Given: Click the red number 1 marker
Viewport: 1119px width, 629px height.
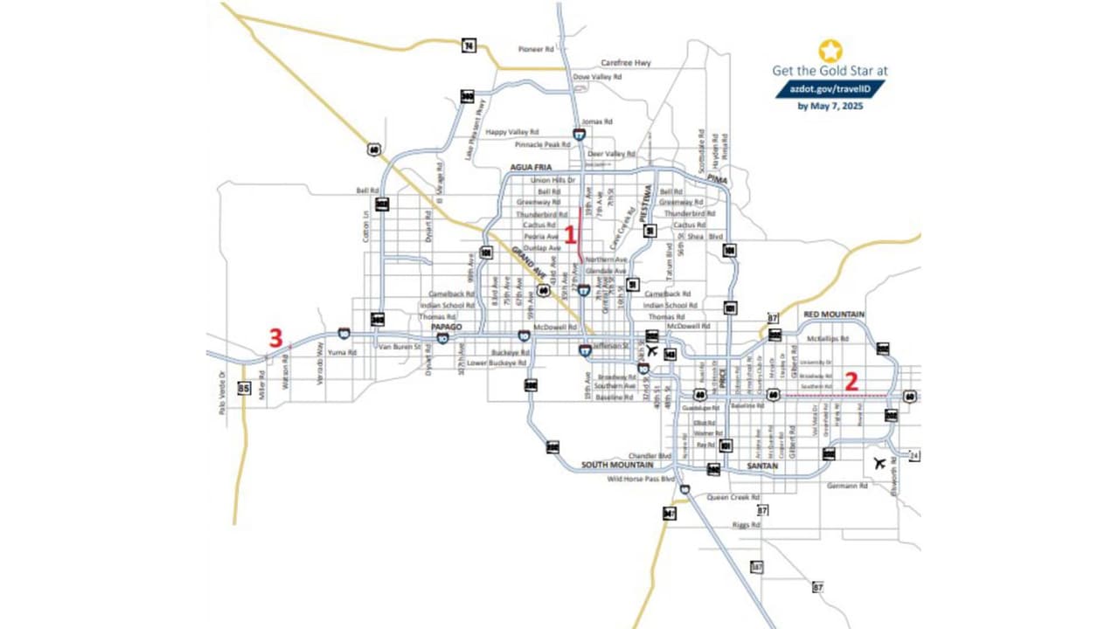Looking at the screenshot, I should click(x=570, y=234).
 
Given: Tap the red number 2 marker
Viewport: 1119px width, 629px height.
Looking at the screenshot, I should click(x=852, y=380).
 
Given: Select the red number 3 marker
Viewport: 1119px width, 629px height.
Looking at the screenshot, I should click(x=275, y=338).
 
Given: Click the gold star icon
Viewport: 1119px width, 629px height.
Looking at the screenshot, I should click(x=830, y=51).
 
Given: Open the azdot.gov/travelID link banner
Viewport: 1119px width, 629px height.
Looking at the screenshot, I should click(x=830, y=89).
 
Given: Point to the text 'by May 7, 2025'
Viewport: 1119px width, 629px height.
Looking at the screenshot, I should click(x=830, y=107).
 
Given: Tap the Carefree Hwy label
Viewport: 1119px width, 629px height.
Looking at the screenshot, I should click(x=626, y=63).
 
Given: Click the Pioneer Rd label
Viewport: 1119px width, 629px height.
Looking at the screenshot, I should click(x=537, y=50).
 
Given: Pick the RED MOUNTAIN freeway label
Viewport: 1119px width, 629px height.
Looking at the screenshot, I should click(x=834, y=314).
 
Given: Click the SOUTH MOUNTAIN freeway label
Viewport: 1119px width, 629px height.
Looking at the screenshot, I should click(x=617, y=465).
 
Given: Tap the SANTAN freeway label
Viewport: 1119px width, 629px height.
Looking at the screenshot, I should click(x=763, y=466).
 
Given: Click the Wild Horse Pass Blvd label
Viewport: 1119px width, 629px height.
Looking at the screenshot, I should click(x=643, y=480).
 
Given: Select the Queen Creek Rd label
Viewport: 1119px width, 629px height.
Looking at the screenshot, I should click(x=729, y=497).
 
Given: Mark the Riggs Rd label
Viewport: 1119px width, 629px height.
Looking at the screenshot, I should click(x=746, y=525).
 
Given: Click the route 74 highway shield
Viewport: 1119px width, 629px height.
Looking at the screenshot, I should click(x=469, y=45).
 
